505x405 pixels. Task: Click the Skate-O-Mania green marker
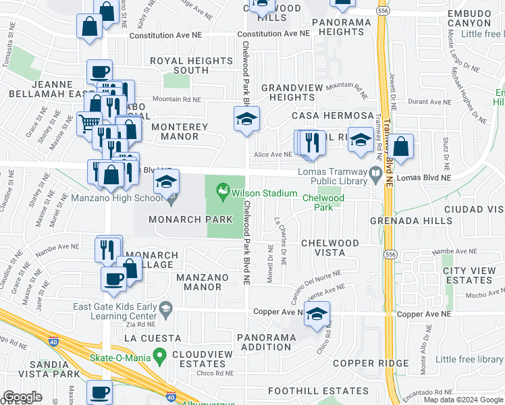(x=160, y=354)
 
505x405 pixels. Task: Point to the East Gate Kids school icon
(x=165, y=310)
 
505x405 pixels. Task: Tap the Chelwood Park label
(x=323, y=202)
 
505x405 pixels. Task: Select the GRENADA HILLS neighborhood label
(x=411, y=221)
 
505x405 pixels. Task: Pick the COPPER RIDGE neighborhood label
(x=371, y=363)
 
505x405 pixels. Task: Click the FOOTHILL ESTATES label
(x=318, y=391)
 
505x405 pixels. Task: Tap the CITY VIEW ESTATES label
(x=469, y=275)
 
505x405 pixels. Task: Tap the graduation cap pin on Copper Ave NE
(x=317, y=314)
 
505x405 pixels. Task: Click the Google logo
(x=22, y=397)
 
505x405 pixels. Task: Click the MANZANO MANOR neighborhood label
(x=198, y=282)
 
